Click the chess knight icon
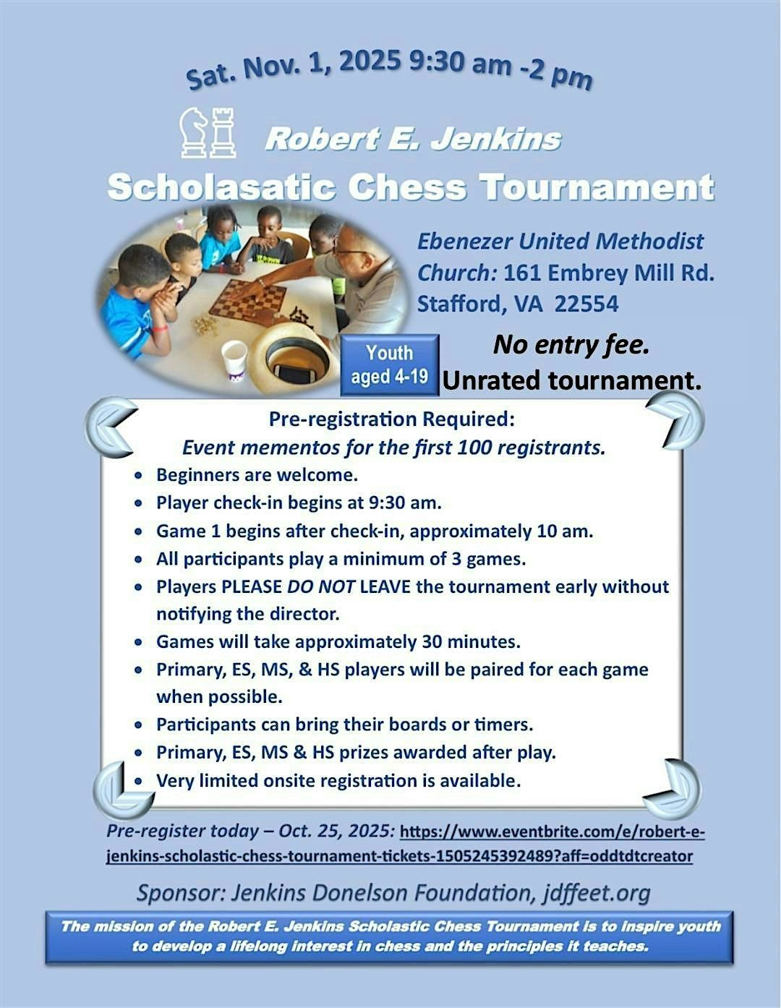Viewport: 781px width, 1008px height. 194,132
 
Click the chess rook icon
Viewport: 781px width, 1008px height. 222,132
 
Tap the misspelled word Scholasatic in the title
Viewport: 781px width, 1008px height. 221,187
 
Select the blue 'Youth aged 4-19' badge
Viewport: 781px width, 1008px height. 389,365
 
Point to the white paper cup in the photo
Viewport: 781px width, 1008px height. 234,359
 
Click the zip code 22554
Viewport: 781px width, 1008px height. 586,304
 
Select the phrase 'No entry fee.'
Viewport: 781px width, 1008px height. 571,345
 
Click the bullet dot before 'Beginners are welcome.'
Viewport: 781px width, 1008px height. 139,477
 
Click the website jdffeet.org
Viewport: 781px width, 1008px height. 597,893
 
